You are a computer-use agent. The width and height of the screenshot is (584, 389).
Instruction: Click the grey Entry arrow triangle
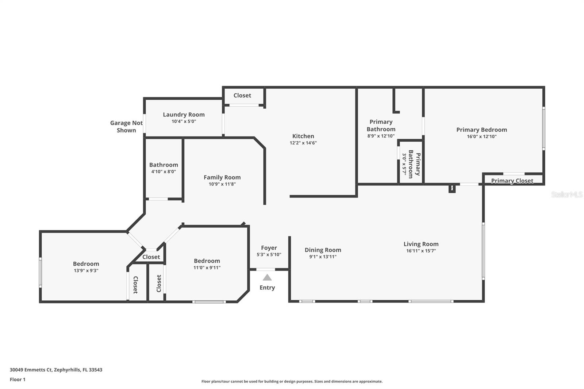[267, 277]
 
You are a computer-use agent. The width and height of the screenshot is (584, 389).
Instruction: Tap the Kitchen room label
[303, 136]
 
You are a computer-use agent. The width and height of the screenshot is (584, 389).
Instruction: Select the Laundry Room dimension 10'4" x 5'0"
[184, 121]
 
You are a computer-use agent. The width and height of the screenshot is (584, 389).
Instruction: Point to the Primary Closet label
[512, 181]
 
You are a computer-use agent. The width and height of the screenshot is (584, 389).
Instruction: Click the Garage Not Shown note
[126, 127]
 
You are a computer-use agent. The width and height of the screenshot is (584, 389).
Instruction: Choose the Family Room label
[222, 177]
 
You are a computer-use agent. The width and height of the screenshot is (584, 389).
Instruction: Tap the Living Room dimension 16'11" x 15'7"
[421, 251]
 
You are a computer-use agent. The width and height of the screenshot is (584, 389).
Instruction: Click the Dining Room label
[323, 250]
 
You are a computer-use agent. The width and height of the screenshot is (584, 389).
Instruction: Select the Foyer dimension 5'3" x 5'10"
[269, 254]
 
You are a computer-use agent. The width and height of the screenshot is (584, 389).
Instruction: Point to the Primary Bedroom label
[481, 130]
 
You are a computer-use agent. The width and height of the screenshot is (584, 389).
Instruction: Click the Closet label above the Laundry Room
[242, 95]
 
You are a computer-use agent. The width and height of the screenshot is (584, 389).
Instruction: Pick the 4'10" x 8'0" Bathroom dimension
[164, 172]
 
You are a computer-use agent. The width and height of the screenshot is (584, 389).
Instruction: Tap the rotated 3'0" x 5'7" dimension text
[404, 164]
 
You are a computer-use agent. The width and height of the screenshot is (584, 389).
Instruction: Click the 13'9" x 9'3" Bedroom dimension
[86, 270]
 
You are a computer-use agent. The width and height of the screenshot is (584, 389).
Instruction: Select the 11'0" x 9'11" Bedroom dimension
[207, 267]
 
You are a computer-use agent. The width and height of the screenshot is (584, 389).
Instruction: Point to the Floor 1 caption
[18, 380]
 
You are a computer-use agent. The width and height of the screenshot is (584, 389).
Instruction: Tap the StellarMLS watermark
[567, 194]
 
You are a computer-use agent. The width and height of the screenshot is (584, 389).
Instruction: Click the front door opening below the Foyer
[265, 269]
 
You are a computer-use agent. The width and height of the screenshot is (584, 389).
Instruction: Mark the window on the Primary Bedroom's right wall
[543, 128]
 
